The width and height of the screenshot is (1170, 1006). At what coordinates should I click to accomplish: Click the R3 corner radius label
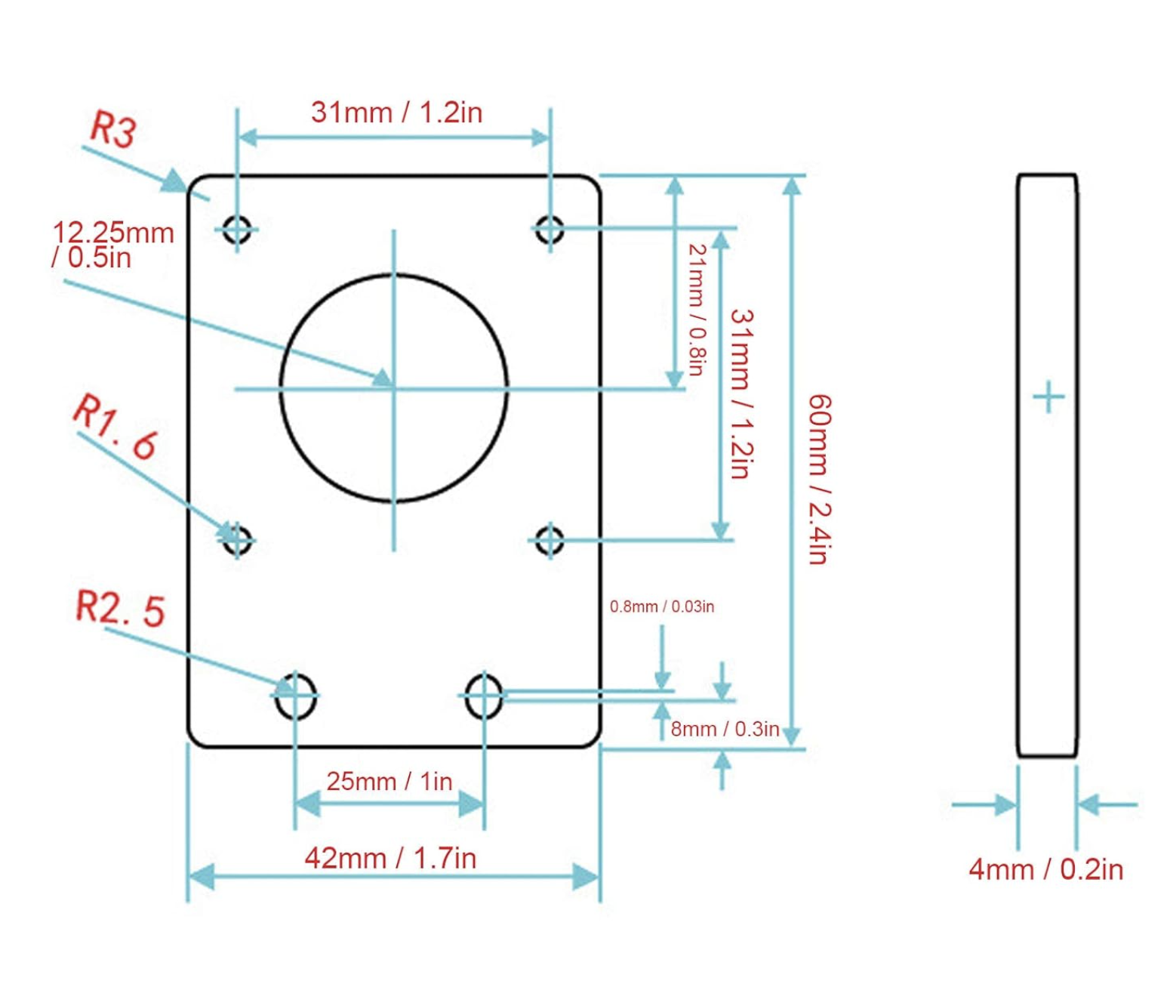tap(113, 128)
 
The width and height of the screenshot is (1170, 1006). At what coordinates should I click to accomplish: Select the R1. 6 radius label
tap(115, 427)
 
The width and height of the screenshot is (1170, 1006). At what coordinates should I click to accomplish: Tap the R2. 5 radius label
tap(120, 609)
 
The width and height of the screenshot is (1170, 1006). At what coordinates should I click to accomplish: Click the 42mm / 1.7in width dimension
tap(390, 859)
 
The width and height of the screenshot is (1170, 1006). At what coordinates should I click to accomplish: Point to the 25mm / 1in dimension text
tap(389, 782)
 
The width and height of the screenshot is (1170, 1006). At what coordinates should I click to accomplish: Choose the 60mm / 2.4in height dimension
tap(819, 479)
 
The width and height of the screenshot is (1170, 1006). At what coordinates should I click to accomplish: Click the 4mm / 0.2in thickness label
tap(1046, 870)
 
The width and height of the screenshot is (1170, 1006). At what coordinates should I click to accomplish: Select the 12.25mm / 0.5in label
tap(112, 245)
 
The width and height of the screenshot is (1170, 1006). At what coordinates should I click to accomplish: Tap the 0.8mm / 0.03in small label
tap(662, 606)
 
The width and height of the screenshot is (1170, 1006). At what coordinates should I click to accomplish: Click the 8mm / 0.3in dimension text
tap(725, 730)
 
